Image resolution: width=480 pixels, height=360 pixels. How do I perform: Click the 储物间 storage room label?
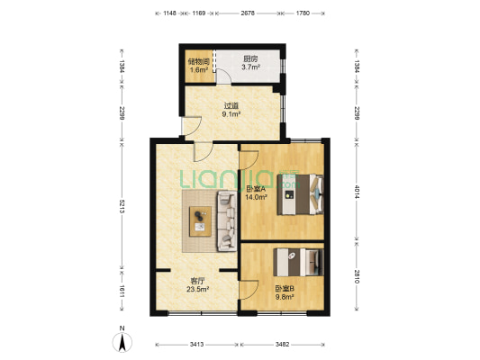[x=199, y=61]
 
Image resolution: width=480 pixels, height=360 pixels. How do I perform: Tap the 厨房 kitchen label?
[x=250, y=59]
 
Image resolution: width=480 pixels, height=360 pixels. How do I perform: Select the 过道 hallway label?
[x=231, y=106]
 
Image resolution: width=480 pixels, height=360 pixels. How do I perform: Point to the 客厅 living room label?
[x=198, y=281]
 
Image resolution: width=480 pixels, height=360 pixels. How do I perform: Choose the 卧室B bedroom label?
[x=285, y=288]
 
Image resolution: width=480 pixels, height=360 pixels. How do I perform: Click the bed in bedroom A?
[x=300, y=194]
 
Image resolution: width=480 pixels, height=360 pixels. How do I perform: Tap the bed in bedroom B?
[x=298, y=262]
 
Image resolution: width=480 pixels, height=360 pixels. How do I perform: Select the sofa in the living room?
[x=227, y=220]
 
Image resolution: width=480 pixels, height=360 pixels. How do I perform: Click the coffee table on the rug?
[x=200, y=221]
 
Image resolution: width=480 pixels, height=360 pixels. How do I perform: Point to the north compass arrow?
[x=122, y=342]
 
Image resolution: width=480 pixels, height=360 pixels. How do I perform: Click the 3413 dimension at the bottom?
[x=196, y=345]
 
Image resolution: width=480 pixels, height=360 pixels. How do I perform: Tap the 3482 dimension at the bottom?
[x=282, y=345]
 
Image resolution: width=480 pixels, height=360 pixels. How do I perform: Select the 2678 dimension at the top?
[x=248, y=13]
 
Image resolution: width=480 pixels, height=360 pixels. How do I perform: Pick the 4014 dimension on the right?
[x=357, y=191]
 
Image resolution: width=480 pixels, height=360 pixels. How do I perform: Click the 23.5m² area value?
[x=198, y=289]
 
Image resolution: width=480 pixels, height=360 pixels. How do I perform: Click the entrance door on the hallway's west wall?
[x=191, y=126]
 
